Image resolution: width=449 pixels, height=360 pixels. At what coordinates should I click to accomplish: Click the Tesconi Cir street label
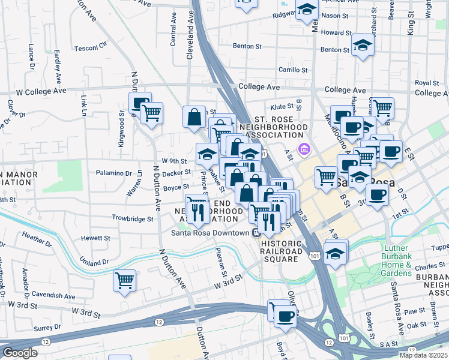pyautogui.click(x=94, y=44)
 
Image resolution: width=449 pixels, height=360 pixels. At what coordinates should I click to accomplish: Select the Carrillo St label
pyautogui.click(x=293, y=70)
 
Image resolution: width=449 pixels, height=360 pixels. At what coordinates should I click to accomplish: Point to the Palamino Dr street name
pyautogui.click(x=114, y=173)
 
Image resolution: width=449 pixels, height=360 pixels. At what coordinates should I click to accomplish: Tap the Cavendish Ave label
pyautogui.click(x=54, y=296)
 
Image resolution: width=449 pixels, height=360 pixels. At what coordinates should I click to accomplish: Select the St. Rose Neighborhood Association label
pyautogui.click(x=273, y=127)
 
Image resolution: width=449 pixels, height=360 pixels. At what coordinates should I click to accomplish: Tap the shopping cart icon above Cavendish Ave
pyautogui.click(x=124, y=280)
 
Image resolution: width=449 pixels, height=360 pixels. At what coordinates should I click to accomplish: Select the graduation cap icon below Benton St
pyautogui.click(x=362, y=45)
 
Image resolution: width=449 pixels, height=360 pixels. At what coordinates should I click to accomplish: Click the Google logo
pyautogui.click(x=20, y=353)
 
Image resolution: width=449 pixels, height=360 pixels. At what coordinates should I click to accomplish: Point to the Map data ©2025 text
pyautogui.click(x=424, y=355)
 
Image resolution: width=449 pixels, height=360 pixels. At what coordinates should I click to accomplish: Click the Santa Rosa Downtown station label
pyautogui.click(x=210, y=233)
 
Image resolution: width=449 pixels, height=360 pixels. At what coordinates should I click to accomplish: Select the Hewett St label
pyautogui.click(x=95, y=238)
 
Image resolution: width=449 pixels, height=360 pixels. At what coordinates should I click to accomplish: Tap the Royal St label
pyautogui.click(x=427, y=83)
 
